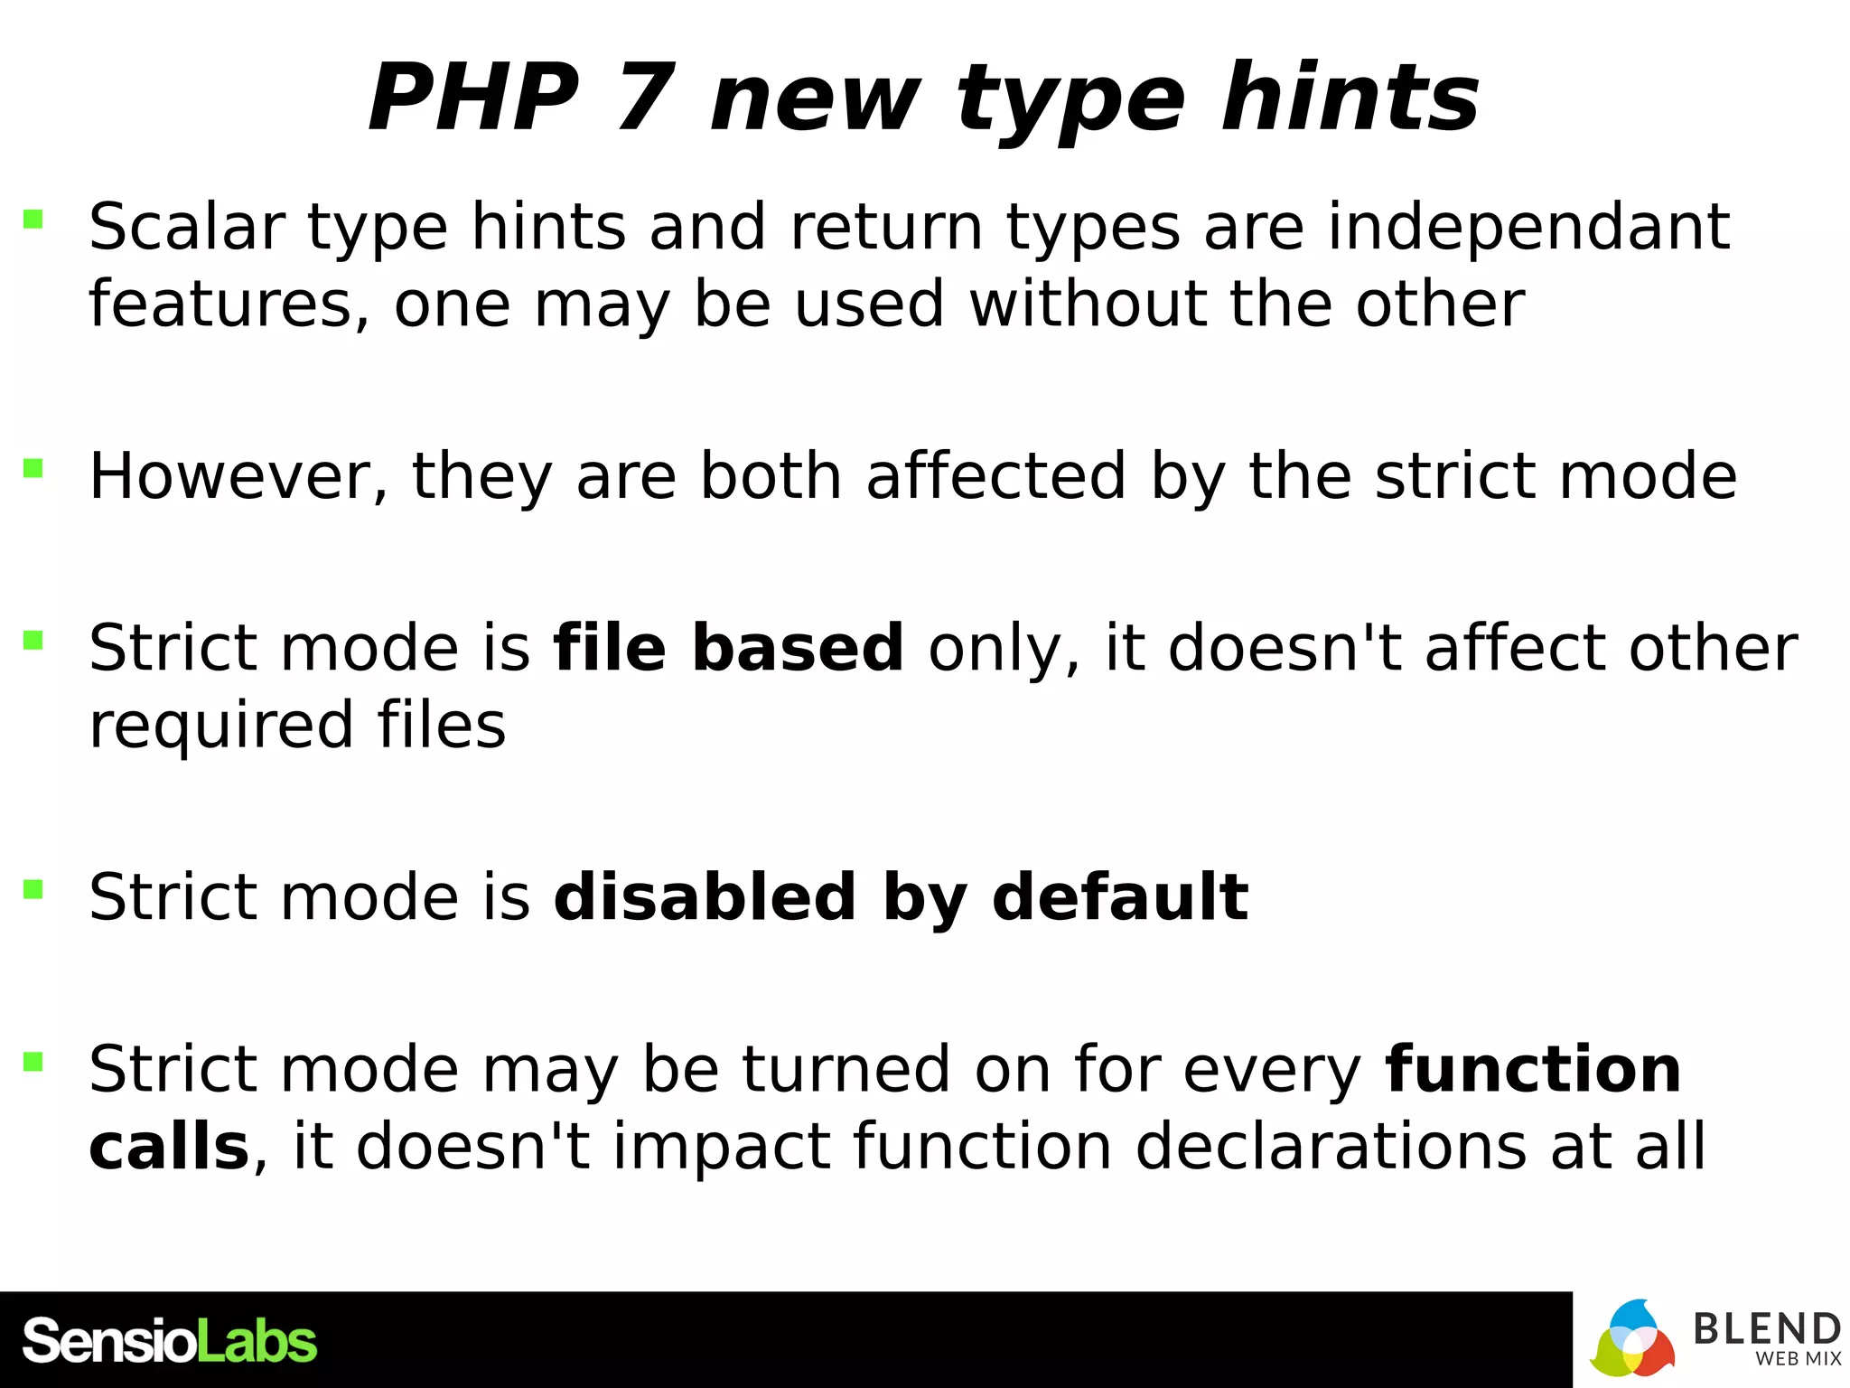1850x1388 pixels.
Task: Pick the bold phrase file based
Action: (728, 648)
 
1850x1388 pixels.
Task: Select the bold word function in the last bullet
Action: (1534, 1069)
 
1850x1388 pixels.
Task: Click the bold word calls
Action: (169, 1146)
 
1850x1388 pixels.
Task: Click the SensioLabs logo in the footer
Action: (170, 1340)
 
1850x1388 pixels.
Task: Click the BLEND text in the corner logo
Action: (1767, 1328)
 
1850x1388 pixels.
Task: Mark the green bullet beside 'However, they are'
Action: (33, 467)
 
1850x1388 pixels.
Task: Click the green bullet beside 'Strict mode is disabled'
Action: (33, 889)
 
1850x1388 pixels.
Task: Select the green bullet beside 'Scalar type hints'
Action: (33, 218)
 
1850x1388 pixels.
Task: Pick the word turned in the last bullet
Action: (846, 1069)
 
